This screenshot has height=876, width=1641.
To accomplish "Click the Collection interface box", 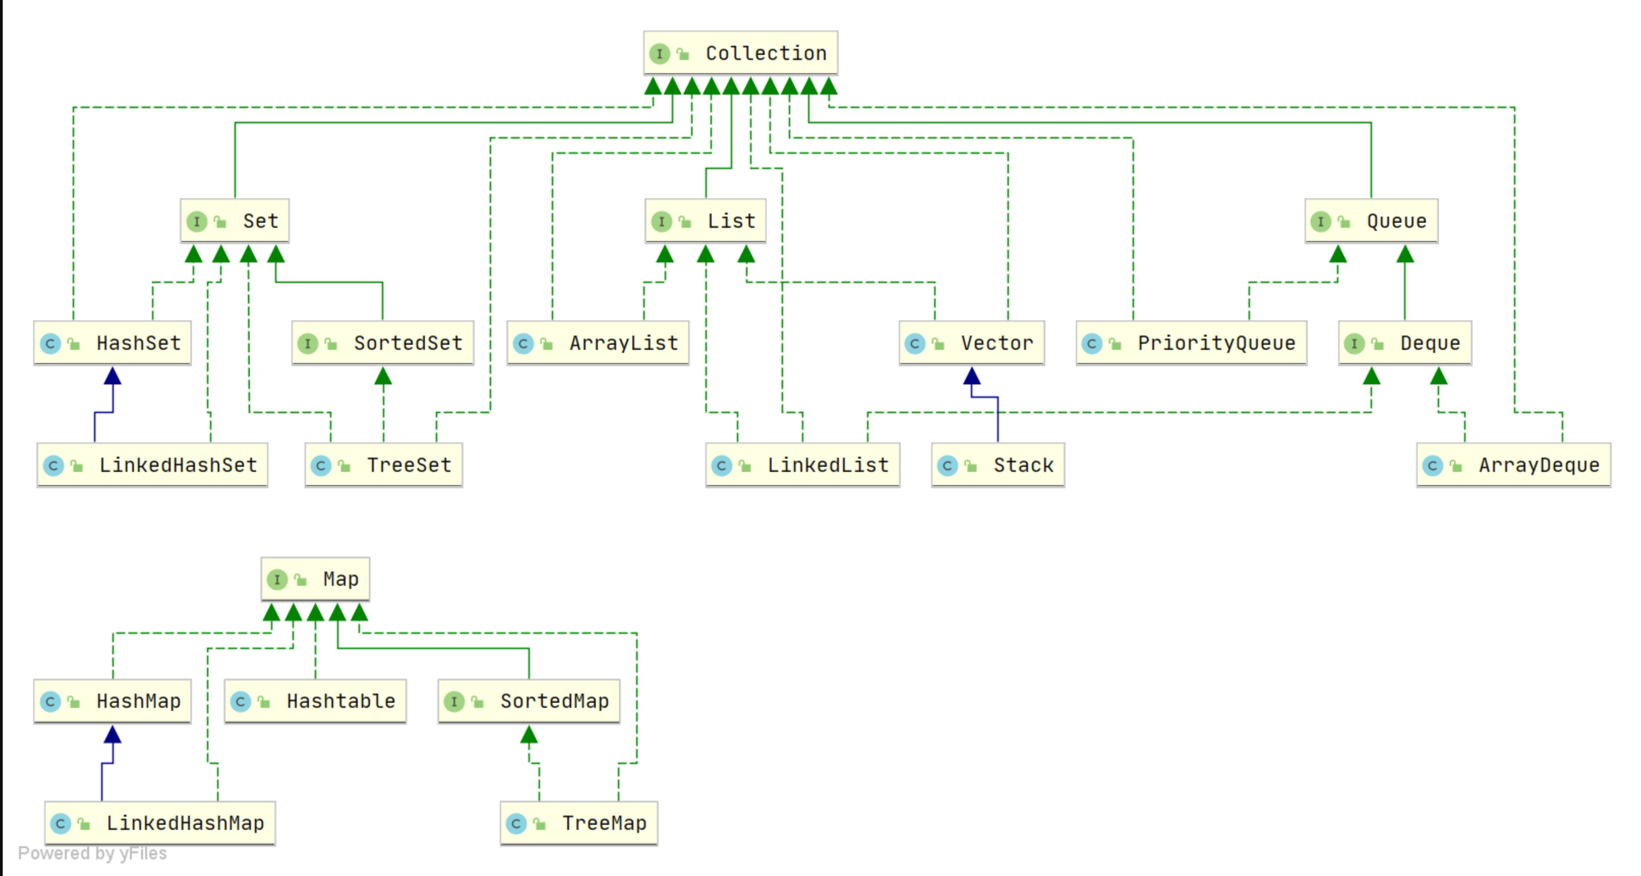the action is click(740, 53).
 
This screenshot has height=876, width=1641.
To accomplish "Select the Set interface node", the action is click(235, 221).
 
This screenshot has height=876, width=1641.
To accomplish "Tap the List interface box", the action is click(706, 221).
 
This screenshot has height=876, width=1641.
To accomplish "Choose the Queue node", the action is click(1371, 221).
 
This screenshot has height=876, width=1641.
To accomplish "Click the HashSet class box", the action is click(113, 343).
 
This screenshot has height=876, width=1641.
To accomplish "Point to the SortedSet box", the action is click(383, 343).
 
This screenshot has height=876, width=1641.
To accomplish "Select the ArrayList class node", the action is click(598, 343).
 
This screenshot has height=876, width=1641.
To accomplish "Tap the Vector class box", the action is click(972, 343).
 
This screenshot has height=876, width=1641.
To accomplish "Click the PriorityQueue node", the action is click(1191, 343).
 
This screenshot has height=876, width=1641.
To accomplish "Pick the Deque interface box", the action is click(1405, 343).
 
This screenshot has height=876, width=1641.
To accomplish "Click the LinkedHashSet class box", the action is click(153, 465).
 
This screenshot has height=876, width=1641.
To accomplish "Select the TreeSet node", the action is click(384, 465).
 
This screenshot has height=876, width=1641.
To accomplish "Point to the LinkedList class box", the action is click(803, 465).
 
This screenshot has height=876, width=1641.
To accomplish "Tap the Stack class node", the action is click(998, 465).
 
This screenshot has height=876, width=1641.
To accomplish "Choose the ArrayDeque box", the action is click(1514, 465).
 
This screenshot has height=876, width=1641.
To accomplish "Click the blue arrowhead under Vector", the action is click(972, 376).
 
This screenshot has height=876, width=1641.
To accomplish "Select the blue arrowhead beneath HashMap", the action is click(113, 734).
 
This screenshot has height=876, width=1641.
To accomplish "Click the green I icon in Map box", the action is click(277, 580).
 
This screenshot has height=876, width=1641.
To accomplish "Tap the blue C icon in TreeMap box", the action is click(516, 824).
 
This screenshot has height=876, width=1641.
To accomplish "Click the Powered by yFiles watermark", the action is click(92, 853).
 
